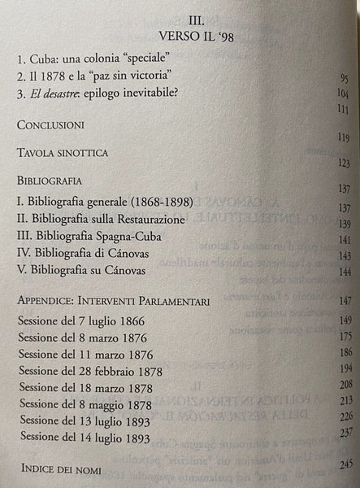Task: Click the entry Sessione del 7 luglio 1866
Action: click(x=83, y=320)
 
